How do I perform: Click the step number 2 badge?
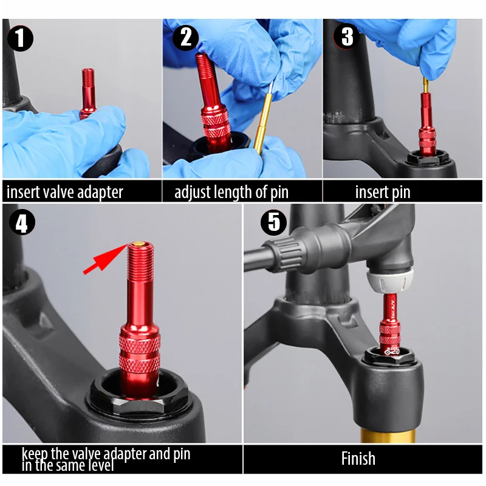click(185, 38)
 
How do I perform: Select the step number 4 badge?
click(22, 223)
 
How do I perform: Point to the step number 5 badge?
click(273, 222)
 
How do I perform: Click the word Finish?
click(358, 459)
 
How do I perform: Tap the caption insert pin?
click(383, 193)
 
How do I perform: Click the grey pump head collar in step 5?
click(388, 281)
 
